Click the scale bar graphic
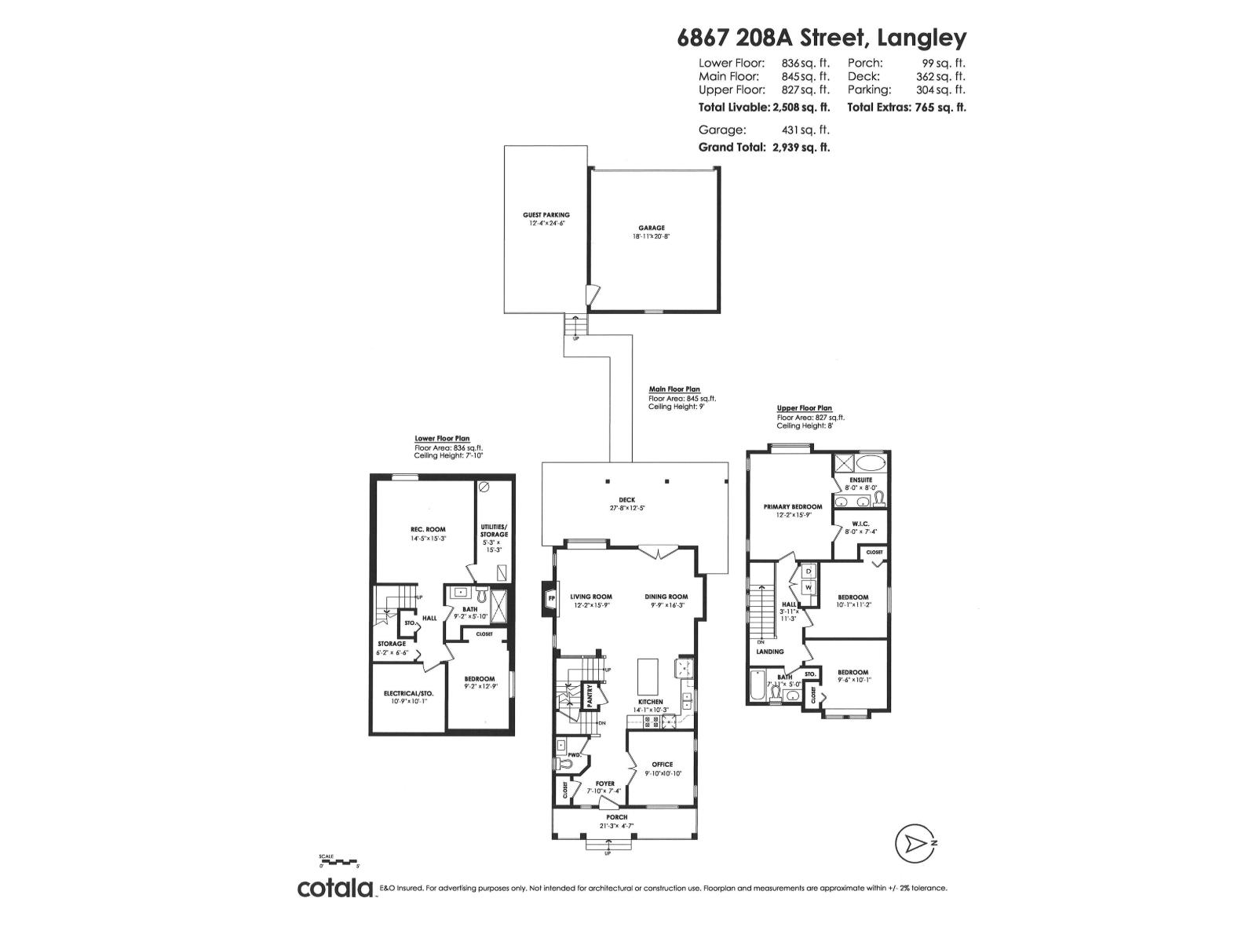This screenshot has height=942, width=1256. click(x=339, y=861)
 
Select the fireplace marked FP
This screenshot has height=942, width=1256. click(x=551, y=598)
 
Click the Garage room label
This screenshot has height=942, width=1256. click(x=651, y=228)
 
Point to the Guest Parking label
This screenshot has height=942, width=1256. click(x=546, y=215)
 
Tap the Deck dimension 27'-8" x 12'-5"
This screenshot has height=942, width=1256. click(x=626, y=508)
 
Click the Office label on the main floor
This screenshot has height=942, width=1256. click(x=662, y=764)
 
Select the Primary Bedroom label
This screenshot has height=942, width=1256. click(x=792, y=506)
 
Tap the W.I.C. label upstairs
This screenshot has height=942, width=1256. click(x=860, y=524)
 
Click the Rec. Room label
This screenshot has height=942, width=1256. click(x=428, y=529)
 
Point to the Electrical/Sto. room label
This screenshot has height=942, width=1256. click(x=408, y=693)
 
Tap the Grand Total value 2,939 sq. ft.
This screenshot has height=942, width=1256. click(x=798, y=147)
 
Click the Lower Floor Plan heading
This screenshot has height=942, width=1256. click(x=442, y=439)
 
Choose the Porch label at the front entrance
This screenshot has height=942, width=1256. click(x=616, y=817)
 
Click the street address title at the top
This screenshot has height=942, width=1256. click(x=823, y=37)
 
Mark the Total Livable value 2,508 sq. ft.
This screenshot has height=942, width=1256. click(x=798, y=108)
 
